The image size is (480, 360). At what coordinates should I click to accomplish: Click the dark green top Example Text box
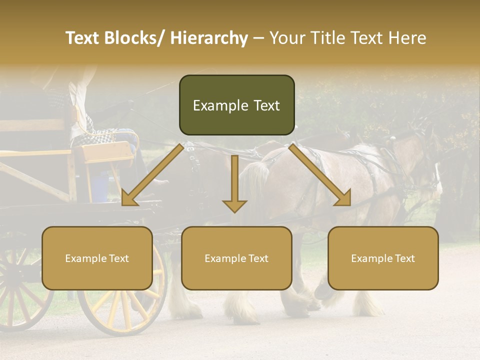click(236, 105)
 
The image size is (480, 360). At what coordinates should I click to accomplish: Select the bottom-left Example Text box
click(97, 258)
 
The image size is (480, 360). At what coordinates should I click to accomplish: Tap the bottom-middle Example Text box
click(236, 258)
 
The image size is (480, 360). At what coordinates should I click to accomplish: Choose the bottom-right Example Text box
click(383, 258)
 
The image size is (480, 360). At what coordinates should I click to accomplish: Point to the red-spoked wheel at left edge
click(20, 290)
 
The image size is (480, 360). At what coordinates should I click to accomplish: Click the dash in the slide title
click(258, 38)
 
